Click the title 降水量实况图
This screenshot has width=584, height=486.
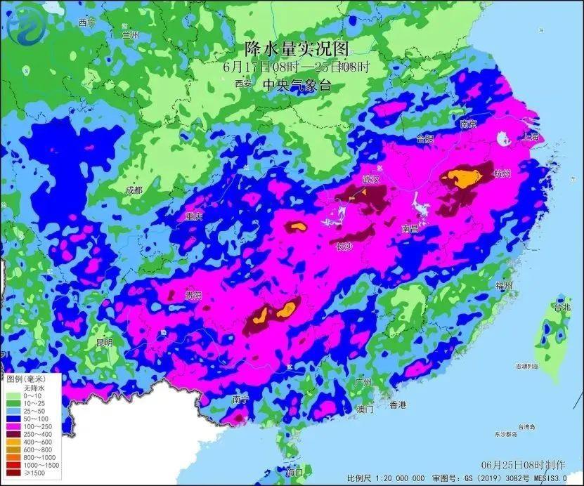[297, 48]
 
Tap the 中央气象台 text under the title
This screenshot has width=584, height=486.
[296, 85]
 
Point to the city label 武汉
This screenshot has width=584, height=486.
[370, 180]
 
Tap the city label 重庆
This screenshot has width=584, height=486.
[193, 217]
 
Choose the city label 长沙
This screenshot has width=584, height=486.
[344, 247]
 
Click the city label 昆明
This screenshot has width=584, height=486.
[104, 342]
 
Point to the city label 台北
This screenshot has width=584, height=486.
[562, 308]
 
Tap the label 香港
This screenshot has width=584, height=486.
[398, 405]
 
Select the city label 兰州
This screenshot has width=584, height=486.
[131, 34]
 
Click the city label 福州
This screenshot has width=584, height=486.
[503, 285]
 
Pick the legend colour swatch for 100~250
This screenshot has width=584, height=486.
[12, 426]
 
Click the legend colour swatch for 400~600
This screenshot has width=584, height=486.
[12, 441]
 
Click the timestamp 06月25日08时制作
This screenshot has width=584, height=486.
[523, 465]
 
